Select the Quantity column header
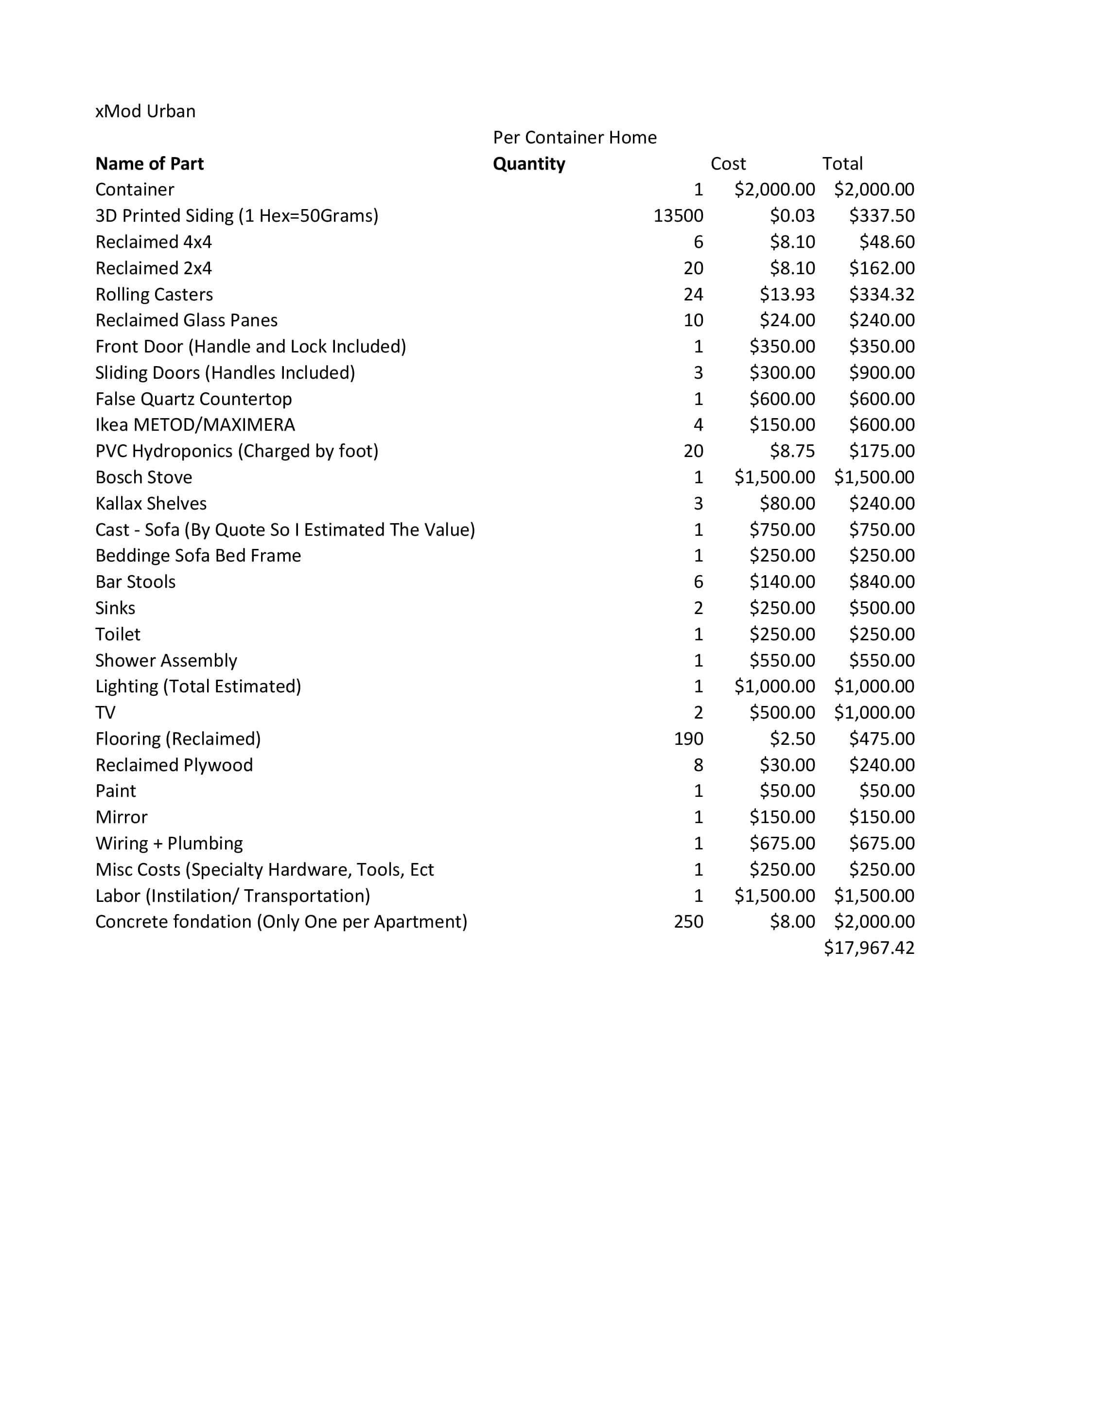529,163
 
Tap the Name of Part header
150,163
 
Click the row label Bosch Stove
143,477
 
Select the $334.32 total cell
881,295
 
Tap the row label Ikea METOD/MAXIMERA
195,425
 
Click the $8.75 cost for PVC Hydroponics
792,451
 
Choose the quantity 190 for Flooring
688,739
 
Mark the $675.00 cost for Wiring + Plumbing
782,843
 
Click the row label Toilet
118,634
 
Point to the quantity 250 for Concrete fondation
688,921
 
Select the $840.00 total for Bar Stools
881,582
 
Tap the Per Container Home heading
575,137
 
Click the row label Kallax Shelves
151,503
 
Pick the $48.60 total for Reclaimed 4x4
887,242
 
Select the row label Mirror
122,817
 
